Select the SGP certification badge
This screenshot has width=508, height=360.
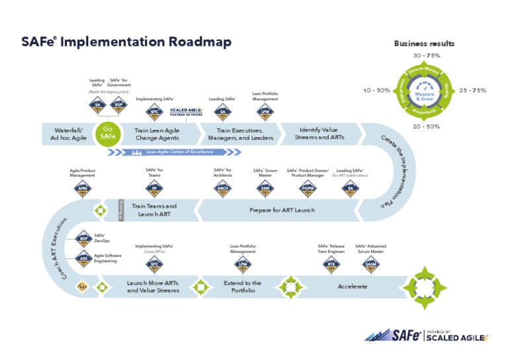[118, 106]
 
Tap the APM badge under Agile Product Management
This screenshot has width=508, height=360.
[83, 189]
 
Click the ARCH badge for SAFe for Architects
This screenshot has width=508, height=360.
[223, 189]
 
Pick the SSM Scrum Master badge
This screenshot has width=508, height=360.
[265, 189]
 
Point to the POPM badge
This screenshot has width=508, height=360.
[308, 189]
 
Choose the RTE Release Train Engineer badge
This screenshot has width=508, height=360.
[331, 265]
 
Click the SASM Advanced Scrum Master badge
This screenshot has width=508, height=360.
[371, 265]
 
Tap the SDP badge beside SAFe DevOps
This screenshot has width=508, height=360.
[83, 239]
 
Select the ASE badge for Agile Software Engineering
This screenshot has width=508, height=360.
[83, 259]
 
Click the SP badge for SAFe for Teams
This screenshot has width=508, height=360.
[154, 189]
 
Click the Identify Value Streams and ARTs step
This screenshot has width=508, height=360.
[319, 134]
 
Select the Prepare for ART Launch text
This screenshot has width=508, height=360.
[282, 210]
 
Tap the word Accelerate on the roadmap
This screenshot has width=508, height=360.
[353, 287]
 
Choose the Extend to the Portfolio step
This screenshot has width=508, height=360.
[242, 287]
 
